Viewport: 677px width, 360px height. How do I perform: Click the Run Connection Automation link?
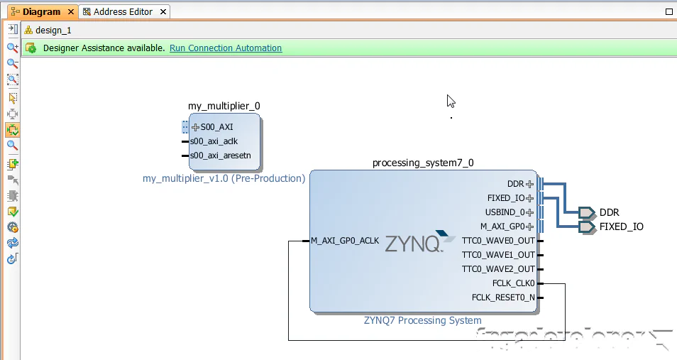(x=226, y=48)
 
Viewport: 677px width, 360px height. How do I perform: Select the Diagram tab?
(x=41, y=12)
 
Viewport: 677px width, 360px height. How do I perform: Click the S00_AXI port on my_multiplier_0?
(x=216, y=127)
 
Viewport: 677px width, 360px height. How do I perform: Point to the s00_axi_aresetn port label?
(x=220, y=156)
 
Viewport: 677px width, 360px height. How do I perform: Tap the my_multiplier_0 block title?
(x=224, y=106)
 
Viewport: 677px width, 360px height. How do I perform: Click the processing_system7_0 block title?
(x=423, y=163)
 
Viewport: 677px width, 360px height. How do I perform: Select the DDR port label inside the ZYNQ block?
(x=516, y=184)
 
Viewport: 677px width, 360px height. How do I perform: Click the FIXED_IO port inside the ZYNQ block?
(x=506, y=198)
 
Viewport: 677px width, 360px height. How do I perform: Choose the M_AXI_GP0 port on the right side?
(x=502, y=227)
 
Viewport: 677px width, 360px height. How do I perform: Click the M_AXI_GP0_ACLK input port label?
(x=345, y=241)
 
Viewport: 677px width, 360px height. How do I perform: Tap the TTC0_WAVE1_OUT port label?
(x=498, y=255)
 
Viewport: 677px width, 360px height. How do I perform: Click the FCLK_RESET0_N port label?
(x=503, y=298)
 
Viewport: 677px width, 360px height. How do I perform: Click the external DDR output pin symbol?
(x=586, y=212)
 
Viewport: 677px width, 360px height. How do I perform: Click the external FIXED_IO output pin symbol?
(x=586, y=227)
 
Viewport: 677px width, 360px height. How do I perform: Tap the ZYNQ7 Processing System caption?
(x=422, y=320)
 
